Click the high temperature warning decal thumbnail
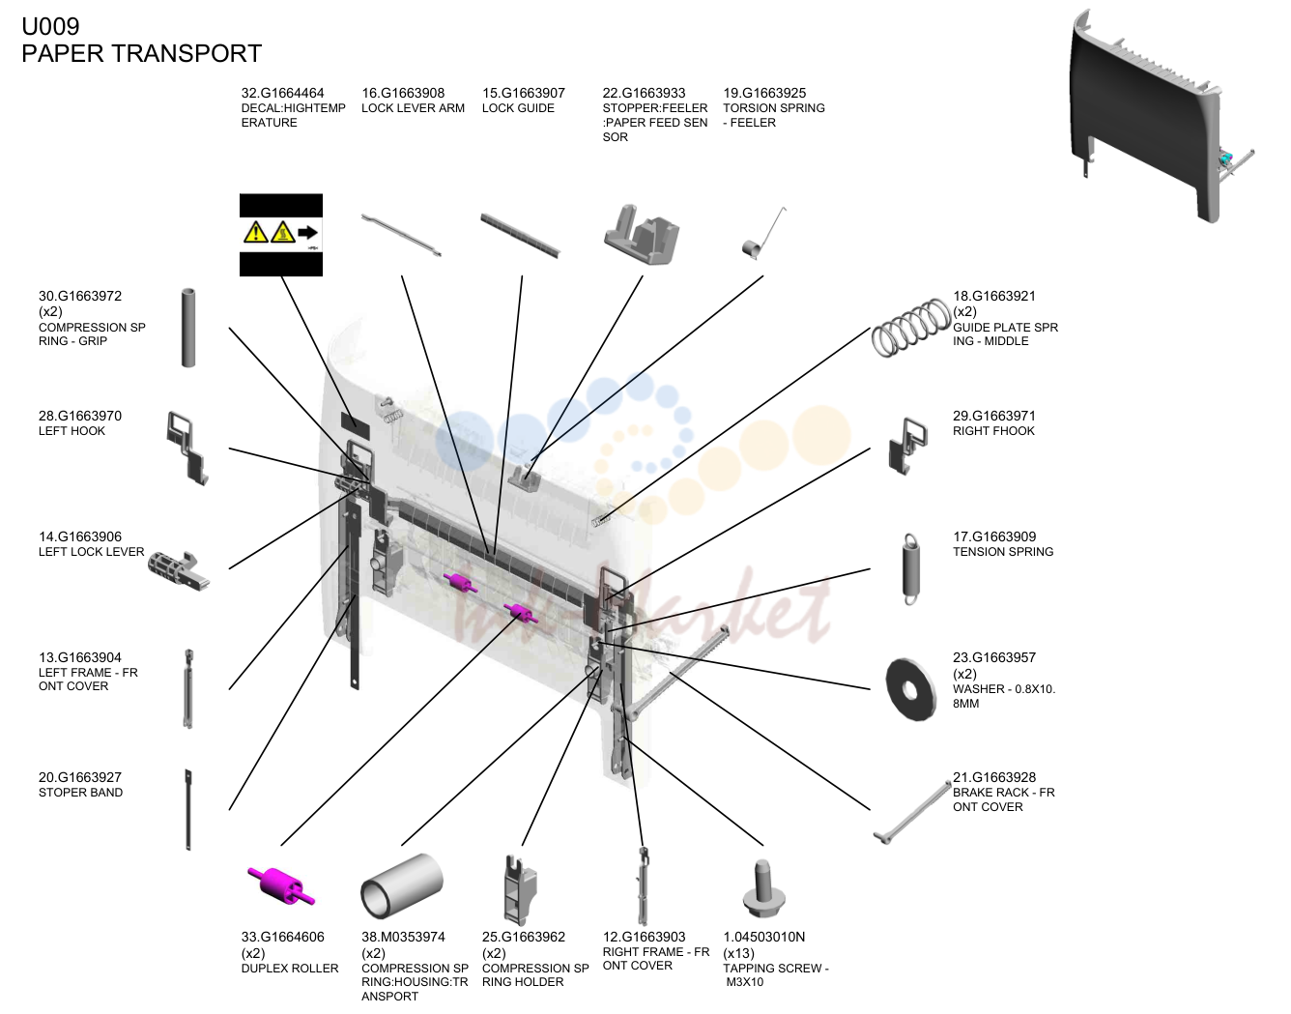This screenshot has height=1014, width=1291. (281, 235)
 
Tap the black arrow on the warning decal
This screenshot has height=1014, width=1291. (307, 232)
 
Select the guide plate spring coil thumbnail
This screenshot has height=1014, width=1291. (910, 328)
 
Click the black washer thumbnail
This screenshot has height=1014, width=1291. (910, 689)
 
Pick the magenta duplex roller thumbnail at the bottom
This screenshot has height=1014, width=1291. (280, 885)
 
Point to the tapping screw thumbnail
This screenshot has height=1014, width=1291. (764, 888)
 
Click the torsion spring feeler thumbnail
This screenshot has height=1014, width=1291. (764, 234)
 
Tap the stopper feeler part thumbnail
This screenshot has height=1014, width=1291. (642, 235)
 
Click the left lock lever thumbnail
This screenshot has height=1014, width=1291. (178, 570)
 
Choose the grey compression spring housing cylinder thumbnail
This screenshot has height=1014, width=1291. (402, 885)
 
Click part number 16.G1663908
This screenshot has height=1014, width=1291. (403, 93)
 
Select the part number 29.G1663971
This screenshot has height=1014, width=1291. (994, 416)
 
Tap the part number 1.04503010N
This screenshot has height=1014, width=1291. (764, 937)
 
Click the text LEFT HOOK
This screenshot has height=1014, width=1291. (72, 431)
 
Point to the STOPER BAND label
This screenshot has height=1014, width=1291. (81, 793)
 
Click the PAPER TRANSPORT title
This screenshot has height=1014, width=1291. (141, 53)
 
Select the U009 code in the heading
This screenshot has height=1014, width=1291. (50, 26)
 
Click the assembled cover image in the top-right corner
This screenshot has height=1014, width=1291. (1162, 116)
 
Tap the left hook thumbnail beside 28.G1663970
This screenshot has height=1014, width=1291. (187, 448)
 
